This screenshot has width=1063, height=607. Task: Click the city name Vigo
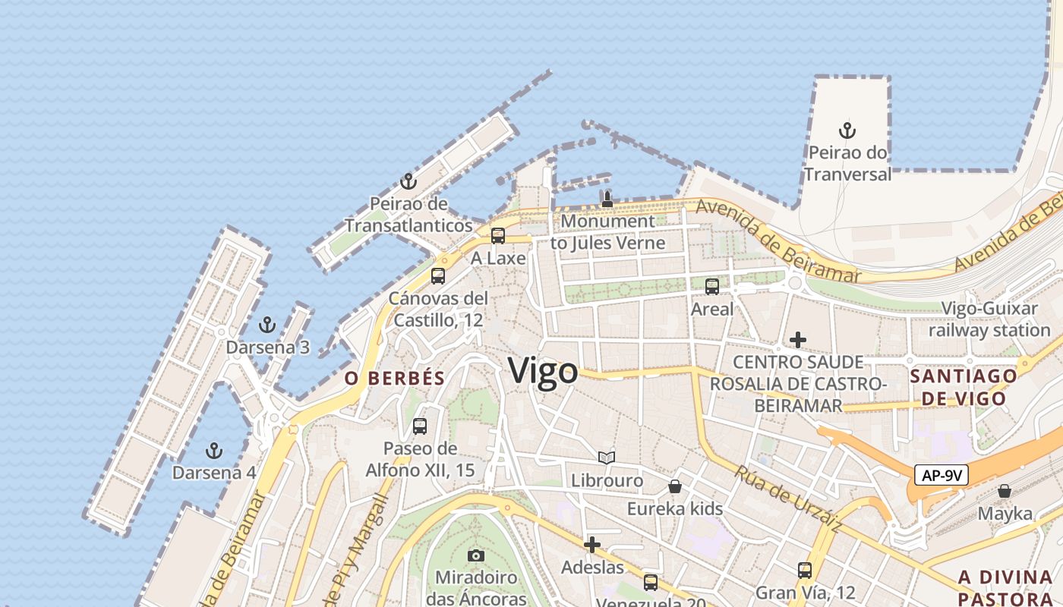point(543,372)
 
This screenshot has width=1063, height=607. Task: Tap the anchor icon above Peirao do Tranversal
point(847,131)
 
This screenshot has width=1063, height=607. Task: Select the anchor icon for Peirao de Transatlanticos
point(408,181)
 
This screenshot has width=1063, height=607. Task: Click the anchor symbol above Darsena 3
point(267,326)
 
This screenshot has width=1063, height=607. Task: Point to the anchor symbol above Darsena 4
point(214,451)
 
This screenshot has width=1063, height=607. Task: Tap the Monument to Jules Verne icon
point(607,200)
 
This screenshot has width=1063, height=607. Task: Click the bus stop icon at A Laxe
point(498,236)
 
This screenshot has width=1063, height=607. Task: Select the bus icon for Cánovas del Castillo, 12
point(438,276)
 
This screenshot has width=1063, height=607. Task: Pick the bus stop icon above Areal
point(712,287)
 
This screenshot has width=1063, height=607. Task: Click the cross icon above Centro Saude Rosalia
point(798,339)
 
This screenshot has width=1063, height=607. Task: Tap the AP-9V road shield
point(942,476)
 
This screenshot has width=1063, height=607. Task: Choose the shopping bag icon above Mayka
point(1005,491)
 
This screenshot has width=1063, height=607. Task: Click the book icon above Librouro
point(606,458)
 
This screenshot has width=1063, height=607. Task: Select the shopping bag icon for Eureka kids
point(674,486)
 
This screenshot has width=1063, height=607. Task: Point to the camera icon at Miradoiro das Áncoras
point(476,555)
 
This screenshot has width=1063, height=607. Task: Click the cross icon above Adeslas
point(592,544)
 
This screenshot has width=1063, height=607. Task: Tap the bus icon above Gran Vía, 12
point(805,570)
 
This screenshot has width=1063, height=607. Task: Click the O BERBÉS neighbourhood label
point(394,379)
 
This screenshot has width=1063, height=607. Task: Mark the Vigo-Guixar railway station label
point(989,319)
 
